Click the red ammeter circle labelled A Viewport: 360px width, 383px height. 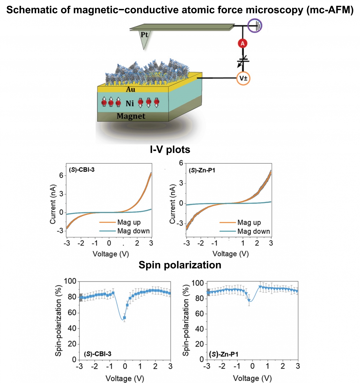(243, 43)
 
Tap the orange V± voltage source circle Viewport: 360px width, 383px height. (243, 78)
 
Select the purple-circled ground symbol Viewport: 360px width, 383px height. (255, 25)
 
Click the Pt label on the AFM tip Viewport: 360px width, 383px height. (144, 34)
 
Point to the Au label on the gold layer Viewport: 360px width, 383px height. (130, 89)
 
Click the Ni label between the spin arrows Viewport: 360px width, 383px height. (129, 103)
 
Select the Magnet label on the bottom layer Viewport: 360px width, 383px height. (131, 116)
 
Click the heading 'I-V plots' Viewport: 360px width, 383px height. (170, 149)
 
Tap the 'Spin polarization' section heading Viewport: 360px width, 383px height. (180, 265)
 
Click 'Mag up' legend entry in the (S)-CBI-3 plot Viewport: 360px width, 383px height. (129, 222)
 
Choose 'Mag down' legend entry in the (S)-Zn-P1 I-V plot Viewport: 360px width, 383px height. (253, 231)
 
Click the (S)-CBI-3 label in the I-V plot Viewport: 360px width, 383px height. (82, 169)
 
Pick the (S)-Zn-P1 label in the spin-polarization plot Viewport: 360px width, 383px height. (224, 354)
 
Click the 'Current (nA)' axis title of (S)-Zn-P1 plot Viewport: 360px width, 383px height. (173, 204)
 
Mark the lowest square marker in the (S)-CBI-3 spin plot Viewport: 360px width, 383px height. (124, 318)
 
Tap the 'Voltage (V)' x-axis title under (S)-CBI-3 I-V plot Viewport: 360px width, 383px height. (111, 254)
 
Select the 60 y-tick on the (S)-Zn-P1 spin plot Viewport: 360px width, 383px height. (199, 314)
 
